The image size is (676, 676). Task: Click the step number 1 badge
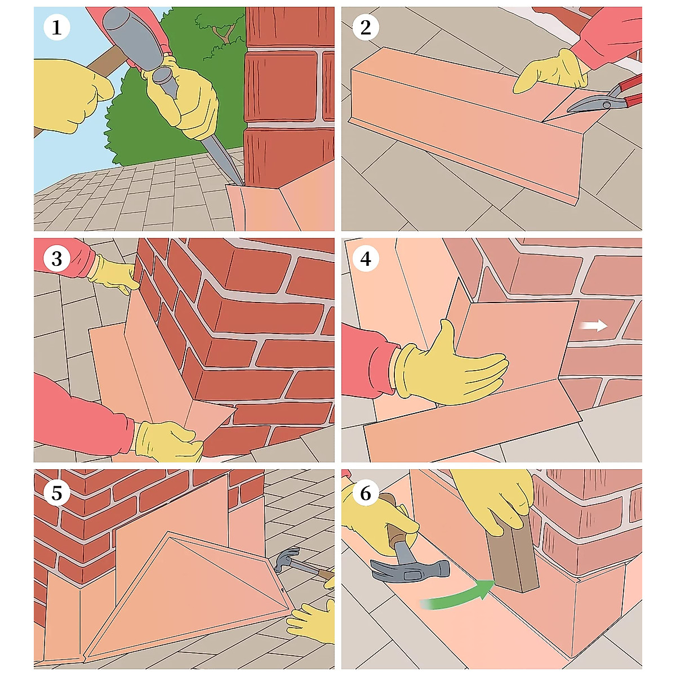(56, 28)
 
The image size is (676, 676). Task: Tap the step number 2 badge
(365, 28)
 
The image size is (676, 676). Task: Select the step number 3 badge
(56, 259)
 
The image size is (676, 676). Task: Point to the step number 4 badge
(365, 259)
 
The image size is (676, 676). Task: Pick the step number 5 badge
(56, 492)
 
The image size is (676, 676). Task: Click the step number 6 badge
(365, 492)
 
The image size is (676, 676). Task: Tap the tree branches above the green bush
(219, 30)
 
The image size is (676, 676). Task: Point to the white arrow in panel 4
(594, 325)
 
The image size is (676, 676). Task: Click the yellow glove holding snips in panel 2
(551, 72)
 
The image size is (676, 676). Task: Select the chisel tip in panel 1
(242, 184)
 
